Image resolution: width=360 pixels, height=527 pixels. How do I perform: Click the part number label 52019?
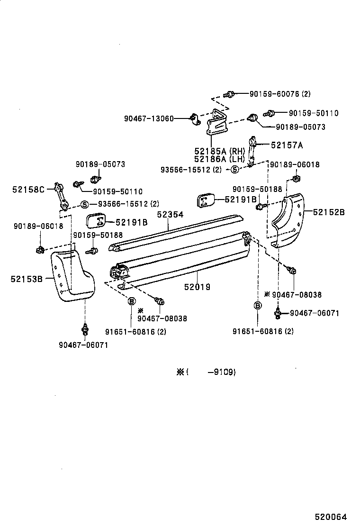(x=198, y=287)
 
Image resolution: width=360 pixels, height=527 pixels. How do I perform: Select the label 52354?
(x=170, y=215)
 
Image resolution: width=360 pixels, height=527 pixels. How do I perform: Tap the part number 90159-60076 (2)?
(x=280, y=94)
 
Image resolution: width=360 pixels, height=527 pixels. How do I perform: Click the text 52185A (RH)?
(x=219, y=151)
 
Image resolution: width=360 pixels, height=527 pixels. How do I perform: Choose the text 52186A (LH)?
(x=219, y=159)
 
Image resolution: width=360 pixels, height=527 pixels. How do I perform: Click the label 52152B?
(x=329, y=212)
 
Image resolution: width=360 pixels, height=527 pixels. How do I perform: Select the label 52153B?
(x=27, y=279)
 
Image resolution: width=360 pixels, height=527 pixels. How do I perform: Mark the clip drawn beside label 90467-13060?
(x=194, y=118)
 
